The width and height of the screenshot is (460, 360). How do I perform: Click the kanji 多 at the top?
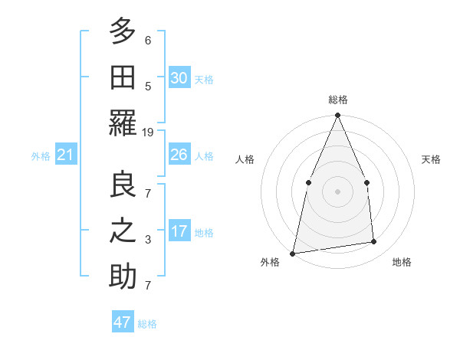click(x=123, y=31)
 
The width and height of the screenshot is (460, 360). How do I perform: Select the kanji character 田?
click(x=123, y=77)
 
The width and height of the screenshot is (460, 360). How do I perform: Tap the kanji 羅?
click(x=123, y=123)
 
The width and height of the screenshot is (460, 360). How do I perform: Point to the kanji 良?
click(x=123, y=185)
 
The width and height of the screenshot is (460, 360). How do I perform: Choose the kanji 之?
click(x=123, y=231)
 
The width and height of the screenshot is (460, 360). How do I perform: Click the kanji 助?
click(x=123, y=277)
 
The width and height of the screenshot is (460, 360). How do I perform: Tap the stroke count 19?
click(x=148, y=133)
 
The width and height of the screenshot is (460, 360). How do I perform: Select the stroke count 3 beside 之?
click(x=148, y=241)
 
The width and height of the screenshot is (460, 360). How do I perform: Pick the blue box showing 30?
click(x=179, y=78)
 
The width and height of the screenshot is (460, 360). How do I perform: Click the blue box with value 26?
click(x=179, y=155)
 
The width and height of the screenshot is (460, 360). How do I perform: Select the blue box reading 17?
click(x=179, y=232)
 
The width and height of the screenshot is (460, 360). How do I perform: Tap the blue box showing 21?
click(x=65, y=155)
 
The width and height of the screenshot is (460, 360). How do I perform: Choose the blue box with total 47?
click(x=123, y=322)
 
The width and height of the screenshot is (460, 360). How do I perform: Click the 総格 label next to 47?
click(x=147, y=324)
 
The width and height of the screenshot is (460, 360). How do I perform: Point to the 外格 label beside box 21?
click(x=41, y=156)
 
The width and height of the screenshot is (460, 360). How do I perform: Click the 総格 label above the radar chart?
click(x=337, y=100)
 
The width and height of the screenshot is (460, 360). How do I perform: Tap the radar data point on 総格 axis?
click(x=337, y=116)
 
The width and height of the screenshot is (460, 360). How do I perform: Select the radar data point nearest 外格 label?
click(x=293, y=253)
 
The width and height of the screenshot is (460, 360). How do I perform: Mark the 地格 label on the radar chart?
click(x=402, y=262)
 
